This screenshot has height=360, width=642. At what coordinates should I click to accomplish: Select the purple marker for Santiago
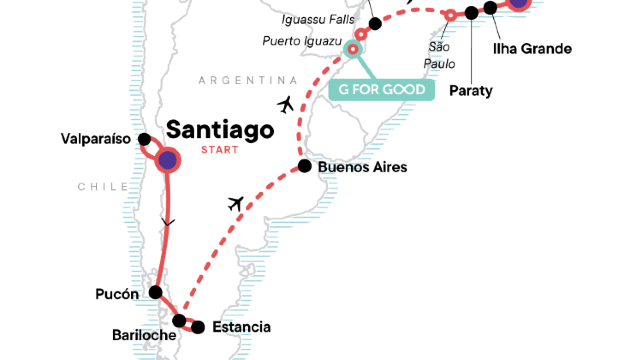coord(166,160)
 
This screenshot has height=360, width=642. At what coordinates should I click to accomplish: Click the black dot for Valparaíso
coord(142,139)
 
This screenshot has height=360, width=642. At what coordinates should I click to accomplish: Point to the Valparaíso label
coord(96,139)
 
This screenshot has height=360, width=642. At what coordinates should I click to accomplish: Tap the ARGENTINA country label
coord(248,80)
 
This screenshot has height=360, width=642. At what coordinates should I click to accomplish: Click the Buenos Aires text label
coord(362,167)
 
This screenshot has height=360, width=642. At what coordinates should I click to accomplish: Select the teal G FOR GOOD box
coord(383,90)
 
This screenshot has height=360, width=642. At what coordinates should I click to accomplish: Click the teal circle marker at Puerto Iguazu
coord(352,48)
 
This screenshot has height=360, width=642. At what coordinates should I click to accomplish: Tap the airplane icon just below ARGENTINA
coord(286,104)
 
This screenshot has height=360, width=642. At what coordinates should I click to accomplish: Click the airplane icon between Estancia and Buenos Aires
coord(237,204)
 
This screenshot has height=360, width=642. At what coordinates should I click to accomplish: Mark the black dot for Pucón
coord(155,293)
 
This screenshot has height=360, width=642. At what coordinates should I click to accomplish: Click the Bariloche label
coord(143,334)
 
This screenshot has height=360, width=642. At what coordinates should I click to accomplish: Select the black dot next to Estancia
coord(198,327)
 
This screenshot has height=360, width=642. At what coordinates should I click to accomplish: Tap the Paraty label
coord(472,90)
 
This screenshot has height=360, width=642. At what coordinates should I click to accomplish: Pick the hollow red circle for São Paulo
coord(450,14)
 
